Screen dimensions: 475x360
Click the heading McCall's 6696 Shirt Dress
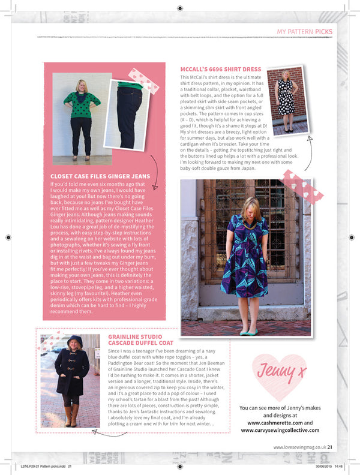[220, 70]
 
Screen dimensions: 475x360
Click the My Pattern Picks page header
[305, 31]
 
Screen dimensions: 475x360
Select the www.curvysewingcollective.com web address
[280, 430]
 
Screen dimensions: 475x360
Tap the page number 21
[330, 446]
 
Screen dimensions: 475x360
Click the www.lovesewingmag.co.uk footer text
[299, 446]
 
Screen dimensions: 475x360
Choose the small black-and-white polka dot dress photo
[287, 100]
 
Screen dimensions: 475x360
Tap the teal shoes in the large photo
[244, 331]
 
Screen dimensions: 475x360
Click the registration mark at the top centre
[180, 8]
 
